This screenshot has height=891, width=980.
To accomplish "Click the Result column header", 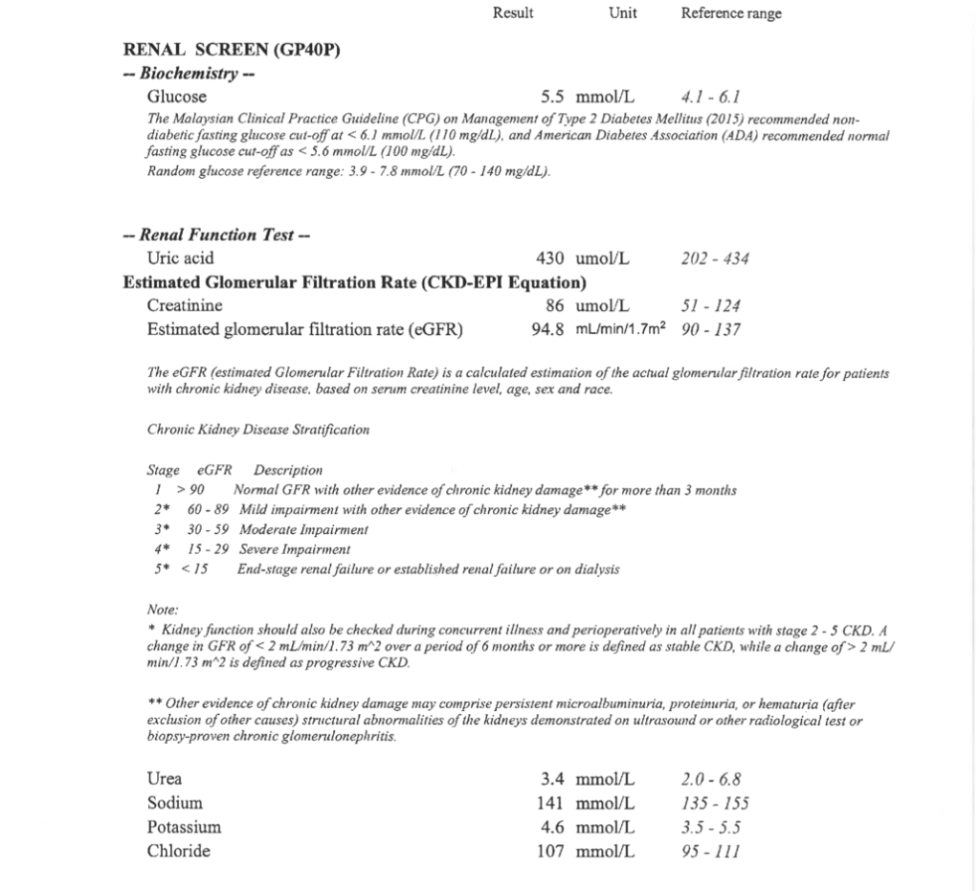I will tap(513, 12).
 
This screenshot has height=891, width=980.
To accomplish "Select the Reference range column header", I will tap(731, 13).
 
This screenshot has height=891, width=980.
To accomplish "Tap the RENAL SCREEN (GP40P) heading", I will tap(232, 51).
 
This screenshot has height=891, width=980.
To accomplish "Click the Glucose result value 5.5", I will tap(552, 97).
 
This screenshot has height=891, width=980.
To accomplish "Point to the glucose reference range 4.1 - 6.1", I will tap(709, 97).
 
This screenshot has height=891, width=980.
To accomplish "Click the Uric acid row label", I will tap(180, 258).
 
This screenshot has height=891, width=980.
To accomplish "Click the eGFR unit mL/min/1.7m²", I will tap(620, 330).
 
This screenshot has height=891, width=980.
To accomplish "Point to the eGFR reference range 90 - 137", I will tap(710, 330).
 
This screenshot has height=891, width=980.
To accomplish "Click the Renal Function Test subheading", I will tap(218, 235).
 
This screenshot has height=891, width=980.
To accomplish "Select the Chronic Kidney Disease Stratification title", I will tap(258, 430).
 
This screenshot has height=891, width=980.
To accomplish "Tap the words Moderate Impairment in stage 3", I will tap(303, 529).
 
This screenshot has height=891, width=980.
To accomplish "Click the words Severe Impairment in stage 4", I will tap(295, 549).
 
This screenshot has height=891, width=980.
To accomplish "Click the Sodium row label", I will tap(174, 803).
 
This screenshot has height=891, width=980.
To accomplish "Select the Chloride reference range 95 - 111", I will tap(709, 851).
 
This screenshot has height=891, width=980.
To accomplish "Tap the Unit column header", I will tap(622, 12).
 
